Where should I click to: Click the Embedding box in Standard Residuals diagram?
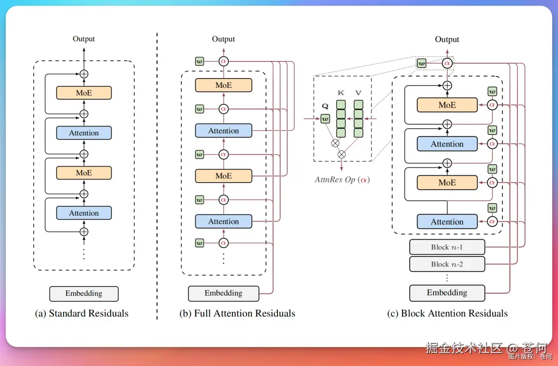(x=84, y=294)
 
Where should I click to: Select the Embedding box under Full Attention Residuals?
(x=223, y=293)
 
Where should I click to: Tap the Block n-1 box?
(x=447, y=247)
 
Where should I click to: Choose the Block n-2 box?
(x=447, y=264)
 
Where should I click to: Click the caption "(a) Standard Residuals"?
(x=82, y=313)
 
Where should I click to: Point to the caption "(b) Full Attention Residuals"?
(x=238, y=313)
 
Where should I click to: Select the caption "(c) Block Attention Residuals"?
(x=447, y=313)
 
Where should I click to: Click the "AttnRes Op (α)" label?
(x=343, y=180)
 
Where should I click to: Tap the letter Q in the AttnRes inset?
(x=325, y=106)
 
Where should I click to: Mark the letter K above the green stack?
(x=341, y=93)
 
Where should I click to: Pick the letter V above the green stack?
(x=358, y=93)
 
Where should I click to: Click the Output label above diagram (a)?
(x=84, y=39)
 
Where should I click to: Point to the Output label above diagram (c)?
(x=447, y=39)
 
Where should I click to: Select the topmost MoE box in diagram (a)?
(x=84, y=93)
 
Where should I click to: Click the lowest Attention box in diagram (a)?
(x=84, y=213)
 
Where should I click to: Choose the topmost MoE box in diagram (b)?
(x=223, y=85)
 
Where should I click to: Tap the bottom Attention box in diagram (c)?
(x=447, y=222)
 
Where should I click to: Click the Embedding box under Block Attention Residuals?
(x=447, y=293)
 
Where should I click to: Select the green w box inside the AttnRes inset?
(x=325, y=119)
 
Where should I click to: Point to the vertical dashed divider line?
(x=157, y=176)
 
